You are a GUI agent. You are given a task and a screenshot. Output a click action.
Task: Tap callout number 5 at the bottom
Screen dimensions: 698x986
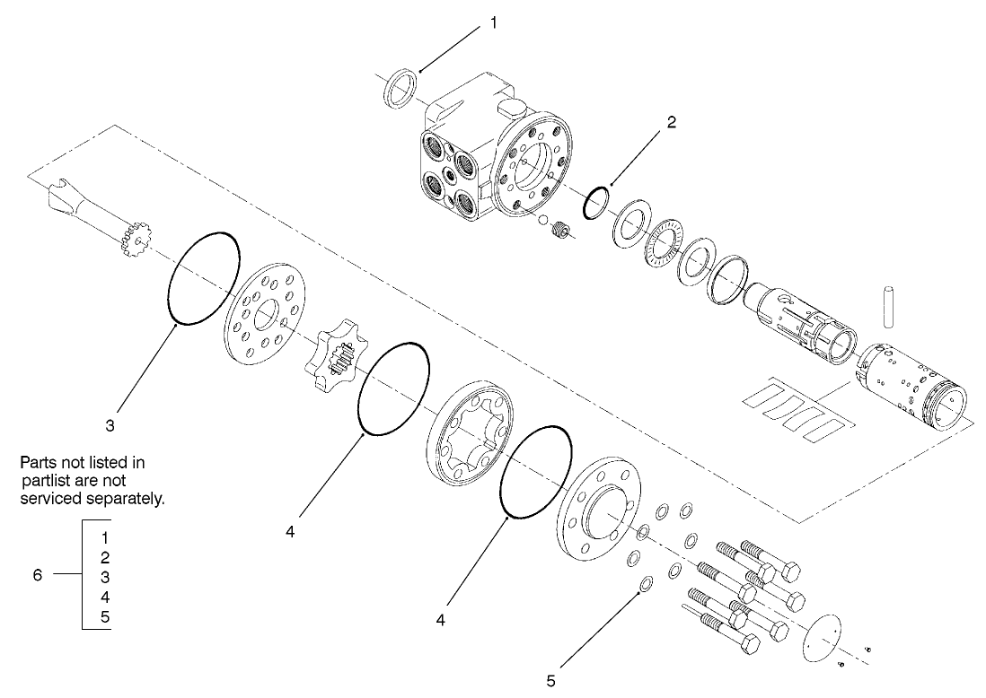pos(550,680)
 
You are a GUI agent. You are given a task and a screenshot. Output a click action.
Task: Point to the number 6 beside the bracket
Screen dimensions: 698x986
pos(38,575)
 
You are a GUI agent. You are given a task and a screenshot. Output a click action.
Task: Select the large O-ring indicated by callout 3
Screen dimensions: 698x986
pos(204,278)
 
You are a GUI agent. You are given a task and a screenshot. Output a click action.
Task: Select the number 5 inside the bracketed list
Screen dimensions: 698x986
pos(105,615)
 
